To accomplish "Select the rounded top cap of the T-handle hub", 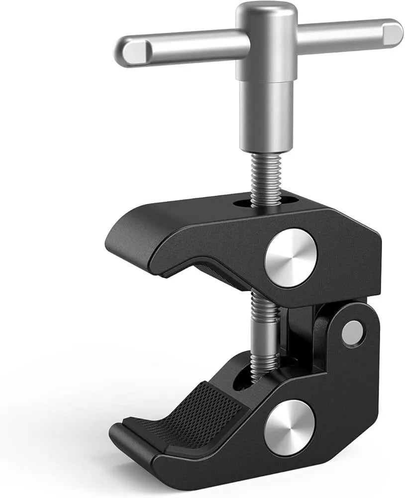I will click(x=264, y=11).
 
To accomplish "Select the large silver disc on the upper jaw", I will click(x=291, y=257).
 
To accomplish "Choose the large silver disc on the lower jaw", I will click(x=290, y=427).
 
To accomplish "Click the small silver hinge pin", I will click(x=353, y=331).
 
